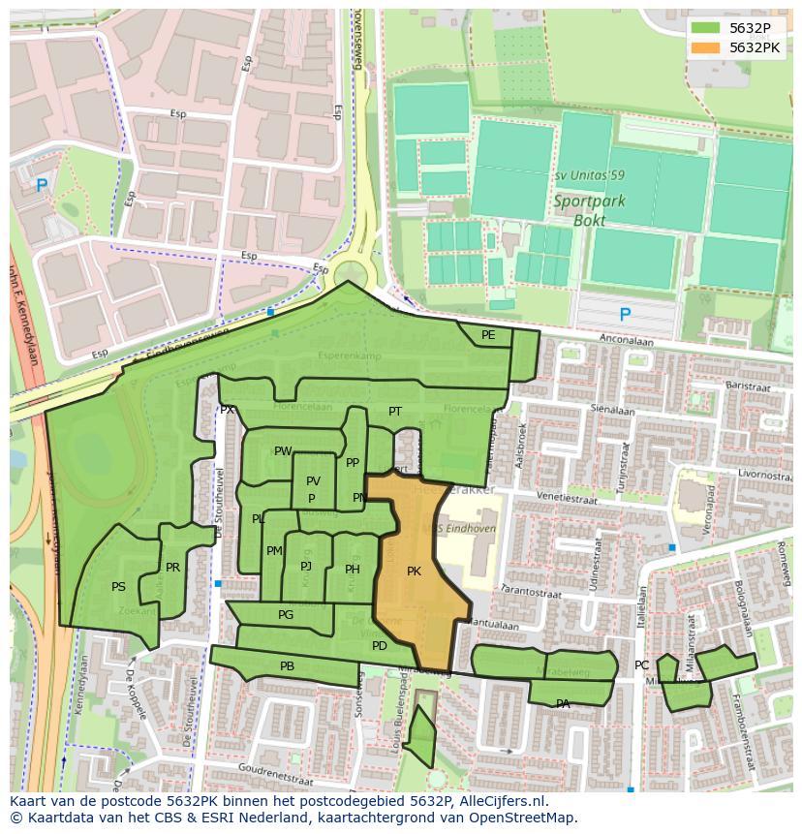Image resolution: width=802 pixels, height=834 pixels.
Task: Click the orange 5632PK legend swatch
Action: [x=705, y=47]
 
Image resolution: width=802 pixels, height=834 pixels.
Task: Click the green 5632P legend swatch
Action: [x=705, y=27]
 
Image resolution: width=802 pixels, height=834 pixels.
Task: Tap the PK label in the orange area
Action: [x=414, y=571]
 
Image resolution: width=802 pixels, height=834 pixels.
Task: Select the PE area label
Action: [x=488, y=335]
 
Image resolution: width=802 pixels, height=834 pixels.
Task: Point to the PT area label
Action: [x=395, y=412]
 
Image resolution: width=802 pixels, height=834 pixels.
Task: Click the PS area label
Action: [x=118, y=587]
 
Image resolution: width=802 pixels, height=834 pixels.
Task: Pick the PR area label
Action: [x=172, y=568]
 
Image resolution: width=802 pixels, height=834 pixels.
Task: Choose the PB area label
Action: [x=287, y=666]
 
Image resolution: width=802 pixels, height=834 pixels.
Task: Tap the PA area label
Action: [x=563, y=704]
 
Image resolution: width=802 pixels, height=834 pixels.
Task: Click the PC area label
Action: [x=641, y=665]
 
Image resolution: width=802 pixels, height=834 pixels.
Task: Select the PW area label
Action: [x=282, y=451]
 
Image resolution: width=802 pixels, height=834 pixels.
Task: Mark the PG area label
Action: [x=286, y=615]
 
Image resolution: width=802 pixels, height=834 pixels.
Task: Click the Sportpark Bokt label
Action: [x=589, y=211]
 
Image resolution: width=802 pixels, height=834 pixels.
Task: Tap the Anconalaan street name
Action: [x=627, y=341]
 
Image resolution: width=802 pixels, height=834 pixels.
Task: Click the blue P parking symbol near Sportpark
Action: [x=625, y=315]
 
